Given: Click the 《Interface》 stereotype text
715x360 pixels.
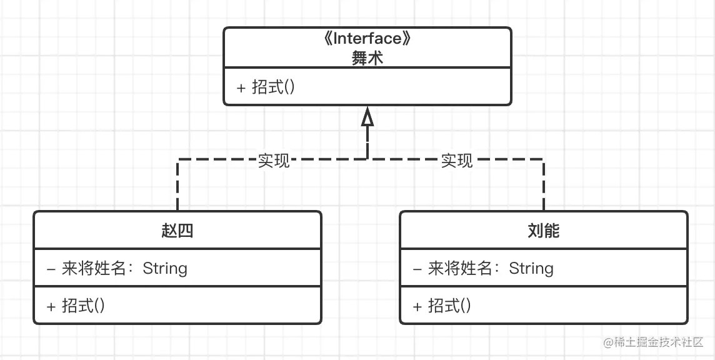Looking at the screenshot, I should pos(367,39).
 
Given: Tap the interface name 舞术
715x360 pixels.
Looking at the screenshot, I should pos(367,59).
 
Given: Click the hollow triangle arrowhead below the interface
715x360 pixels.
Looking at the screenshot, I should pos(367,117).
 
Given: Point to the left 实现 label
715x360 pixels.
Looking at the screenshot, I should pos(274,161).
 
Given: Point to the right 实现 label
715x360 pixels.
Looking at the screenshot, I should pos(457,161).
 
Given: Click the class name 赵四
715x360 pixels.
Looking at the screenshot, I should pos(177,231).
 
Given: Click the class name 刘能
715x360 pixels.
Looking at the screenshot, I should pos(543,231).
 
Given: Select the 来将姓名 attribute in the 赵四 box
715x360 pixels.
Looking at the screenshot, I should pos(100,269).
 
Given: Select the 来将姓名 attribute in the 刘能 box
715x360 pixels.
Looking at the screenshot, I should pos(466,269).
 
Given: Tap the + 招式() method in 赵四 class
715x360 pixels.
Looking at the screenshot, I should pos(76,306).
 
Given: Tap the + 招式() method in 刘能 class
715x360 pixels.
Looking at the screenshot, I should pos(442,306).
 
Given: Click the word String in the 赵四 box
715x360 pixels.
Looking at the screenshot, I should pos(165,269).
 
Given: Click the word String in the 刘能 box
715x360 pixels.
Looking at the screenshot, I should pos(531,269).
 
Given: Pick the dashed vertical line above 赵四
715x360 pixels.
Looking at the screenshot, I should pos(178,187).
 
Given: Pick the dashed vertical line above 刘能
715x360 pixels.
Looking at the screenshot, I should pos(544,187).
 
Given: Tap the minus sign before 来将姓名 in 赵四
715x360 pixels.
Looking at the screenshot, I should pos(51,269).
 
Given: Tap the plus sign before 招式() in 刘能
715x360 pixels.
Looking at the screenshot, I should pos(417,306).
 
